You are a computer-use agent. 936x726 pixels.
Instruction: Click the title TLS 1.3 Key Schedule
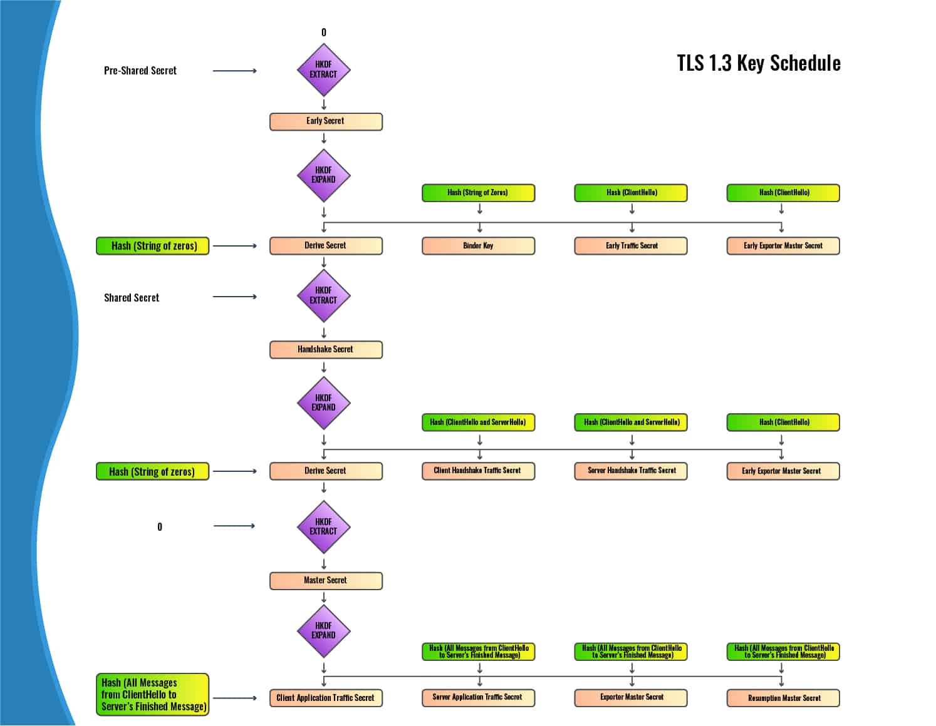click(758, 63)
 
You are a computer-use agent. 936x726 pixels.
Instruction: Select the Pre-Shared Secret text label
click(140, 71)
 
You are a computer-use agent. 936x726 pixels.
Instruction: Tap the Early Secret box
click(326, 121)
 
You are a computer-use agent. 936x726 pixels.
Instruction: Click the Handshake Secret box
click(326, 349)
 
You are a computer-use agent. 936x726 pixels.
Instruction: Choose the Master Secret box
click(326, 580)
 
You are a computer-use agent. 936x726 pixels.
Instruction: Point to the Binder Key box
click(479, 246)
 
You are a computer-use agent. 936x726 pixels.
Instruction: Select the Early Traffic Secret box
click(631, 246)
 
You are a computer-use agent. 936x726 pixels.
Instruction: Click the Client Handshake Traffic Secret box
click(479, 471)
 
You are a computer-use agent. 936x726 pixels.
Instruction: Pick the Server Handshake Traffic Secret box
click(631, 471)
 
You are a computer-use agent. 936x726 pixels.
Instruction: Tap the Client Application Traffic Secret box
click(326, 698)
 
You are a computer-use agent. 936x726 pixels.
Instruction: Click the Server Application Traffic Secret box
click(479, 698)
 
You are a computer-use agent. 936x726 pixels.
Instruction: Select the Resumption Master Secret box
click(783, 698)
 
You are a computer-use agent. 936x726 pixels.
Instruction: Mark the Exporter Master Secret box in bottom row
click(631, 698)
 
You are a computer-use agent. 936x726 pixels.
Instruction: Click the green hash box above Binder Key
click(479, 193)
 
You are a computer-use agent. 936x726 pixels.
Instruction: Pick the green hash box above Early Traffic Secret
click(631, 193)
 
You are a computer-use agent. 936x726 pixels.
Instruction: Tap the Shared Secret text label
click(132, 298)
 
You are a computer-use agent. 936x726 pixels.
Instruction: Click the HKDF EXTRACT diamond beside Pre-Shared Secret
click(323, 69)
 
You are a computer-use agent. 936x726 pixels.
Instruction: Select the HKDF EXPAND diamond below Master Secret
click(323, 630)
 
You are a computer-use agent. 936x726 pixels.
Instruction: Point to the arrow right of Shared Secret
click(235, 297)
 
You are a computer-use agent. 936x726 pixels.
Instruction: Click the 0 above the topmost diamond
click(324, 33)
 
